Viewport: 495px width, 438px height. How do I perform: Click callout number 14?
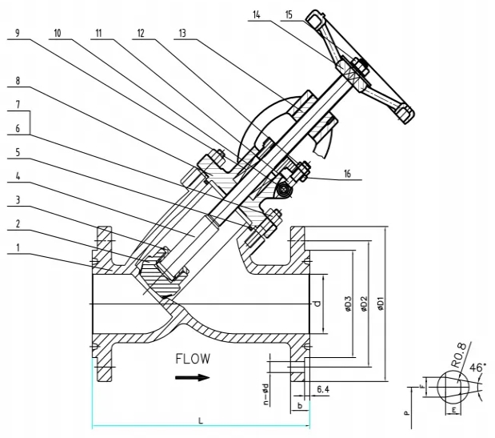257,14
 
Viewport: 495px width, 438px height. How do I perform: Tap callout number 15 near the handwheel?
289,14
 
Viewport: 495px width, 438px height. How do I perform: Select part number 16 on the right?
347,174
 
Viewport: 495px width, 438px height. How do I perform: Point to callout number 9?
18,33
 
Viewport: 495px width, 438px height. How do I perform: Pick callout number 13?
182,33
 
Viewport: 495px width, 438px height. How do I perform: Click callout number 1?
18,247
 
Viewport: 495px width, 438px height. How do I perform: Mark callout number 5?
18,152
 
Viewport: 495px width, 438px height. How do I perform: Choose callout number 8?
18,81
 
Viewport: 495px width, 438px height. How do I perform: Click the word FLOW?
193,359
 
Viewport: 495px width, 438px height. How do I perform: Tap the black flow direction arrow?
192,377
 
